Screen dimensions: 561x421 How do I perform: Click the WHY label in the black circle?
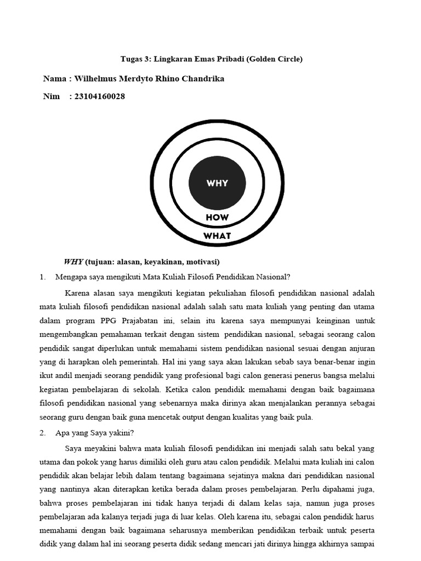(217, 183)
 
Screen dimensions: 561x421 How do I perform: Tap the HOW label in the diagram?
(217, 217)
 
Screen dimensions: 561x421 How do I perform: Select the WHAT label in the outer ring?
(217, 236)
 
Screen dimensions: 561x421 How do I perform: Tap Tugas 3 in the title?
(134, 59)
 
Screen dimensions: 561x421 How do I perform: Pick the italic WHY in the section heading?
(73, 261)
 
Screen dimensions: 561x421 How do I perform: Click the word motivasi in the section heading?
(201, 261)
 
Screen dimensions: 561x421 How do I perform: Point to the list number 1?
(42, 277)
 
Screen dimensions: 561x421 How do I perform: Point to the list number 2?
(42, 432)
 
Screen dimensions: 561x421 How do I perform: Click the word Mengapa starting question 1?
(72, 277)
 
